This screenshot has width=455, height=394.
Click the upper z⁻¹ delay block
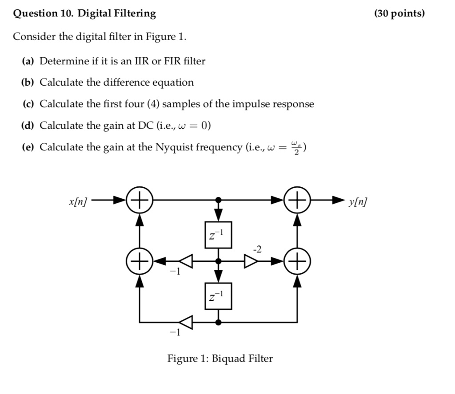point(218,234)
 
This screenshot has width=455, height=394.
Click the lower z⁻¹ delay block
point(218,295)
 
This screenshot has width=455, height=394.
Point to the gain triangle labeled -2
point(251,261)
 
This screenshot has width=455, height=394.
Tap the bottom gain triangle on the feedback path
point(186,322)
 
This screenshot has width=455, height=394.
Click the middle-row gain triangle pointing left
point(186,261)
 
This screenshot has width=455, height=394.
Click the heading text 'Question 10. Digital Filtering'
point(84,14)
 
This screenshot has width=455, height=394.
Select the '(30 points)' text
point(399,14)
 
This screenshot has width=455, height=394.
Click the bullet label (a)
point(28,61)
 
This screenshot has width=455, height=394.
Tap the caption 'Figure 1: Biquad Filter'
point(220,358)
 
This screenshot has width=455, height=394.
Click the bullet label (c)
point(28,104)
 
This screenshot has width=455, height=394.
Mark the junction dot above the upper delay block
point(218,201)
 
